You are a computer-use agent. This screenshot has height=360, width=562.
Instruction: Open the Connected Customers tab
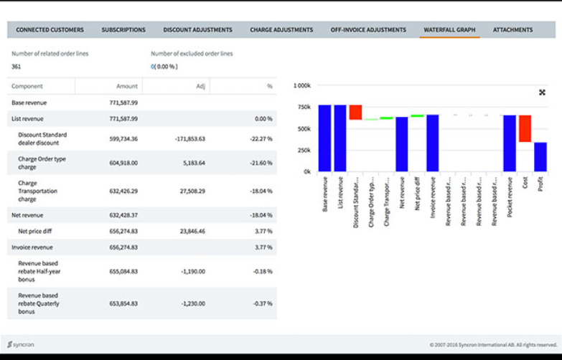click(x=50, y=30)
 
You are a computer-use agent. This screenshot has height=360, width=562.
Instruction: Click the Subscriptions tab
click(x=123, y=30)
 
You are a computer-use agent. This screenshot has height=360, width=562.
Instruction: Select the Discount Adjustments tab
click(x=197, y=30)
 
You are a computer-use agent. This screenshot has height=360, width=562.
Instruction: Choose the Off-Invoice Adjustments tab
click(x=368, y=30)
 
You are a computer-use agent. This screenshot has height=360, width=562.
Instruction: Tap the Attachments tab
click(x=512, y=30)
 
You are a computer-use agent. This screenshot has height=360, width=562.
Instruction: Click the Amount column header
click(x=126, y=86)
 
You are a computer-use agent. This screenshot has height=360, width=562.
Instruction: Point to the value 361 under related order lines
click(x=17, y=67)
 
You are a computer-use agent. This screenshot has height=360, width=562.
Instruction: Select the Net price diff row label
click(x=38, y=231)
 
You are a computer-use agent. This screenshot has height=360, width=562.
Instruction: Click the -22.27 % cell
click(x=260, y=138)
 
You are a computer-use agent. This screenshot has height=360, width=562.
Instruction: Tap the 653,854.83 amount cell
click(x=119, y=303)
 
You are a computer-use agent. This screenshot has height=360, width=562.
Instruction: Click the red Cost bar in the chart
click(x=525, y=128)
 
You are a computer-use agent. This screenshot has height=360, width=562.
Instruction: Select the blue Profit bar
click(x=540, y=157)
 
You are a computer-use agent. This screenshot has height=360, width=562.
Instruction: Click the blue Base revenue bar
click(x=324, y=138)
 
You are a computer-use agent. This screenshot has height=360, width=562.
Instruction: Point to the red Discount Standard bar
click(x=355, y=113)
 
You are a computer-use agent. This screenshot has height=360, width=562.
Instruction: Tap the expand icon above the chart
click(x=542, y=93)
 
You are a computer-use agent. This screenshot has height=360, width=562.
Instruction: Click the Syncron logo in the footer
click(x=21, y=345)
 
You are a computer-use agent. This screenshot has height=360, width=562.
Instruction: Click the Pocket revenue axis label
click(x=510, y=202)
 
